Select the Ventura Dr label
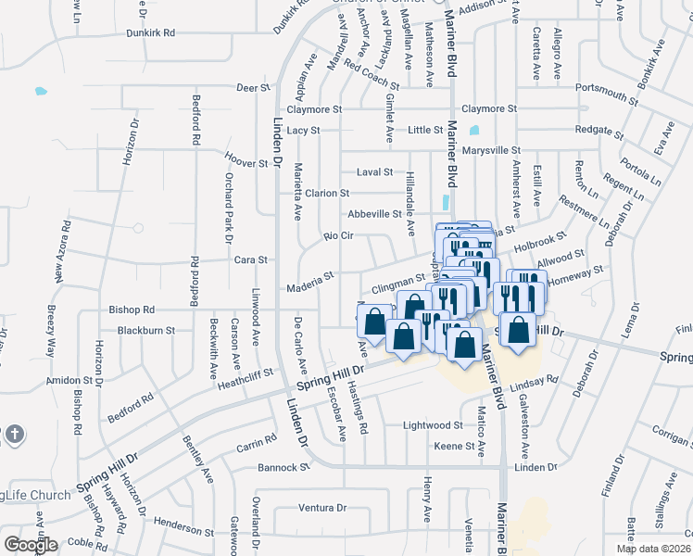[x=321, y=508]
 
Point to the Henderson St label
[x=183, y=528]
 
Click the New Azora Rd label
[x=61, y=251]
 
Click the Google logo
[x=30, y=545]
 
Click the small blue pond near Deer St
[x=40, y=92]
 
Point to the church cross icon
[x=13, y=434]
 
